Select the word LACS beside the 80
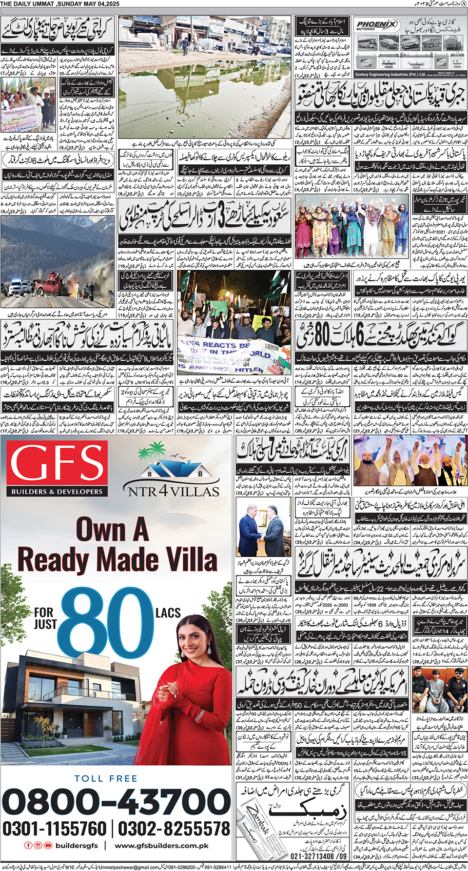point(168,613)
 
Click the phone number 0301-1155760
point(55,829)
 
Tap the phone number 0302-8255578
point(174,829)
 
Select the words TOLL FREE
point(106,779)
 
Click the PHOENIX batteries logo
point(377,25)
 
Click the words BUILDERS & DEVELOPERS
point(57,492)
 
